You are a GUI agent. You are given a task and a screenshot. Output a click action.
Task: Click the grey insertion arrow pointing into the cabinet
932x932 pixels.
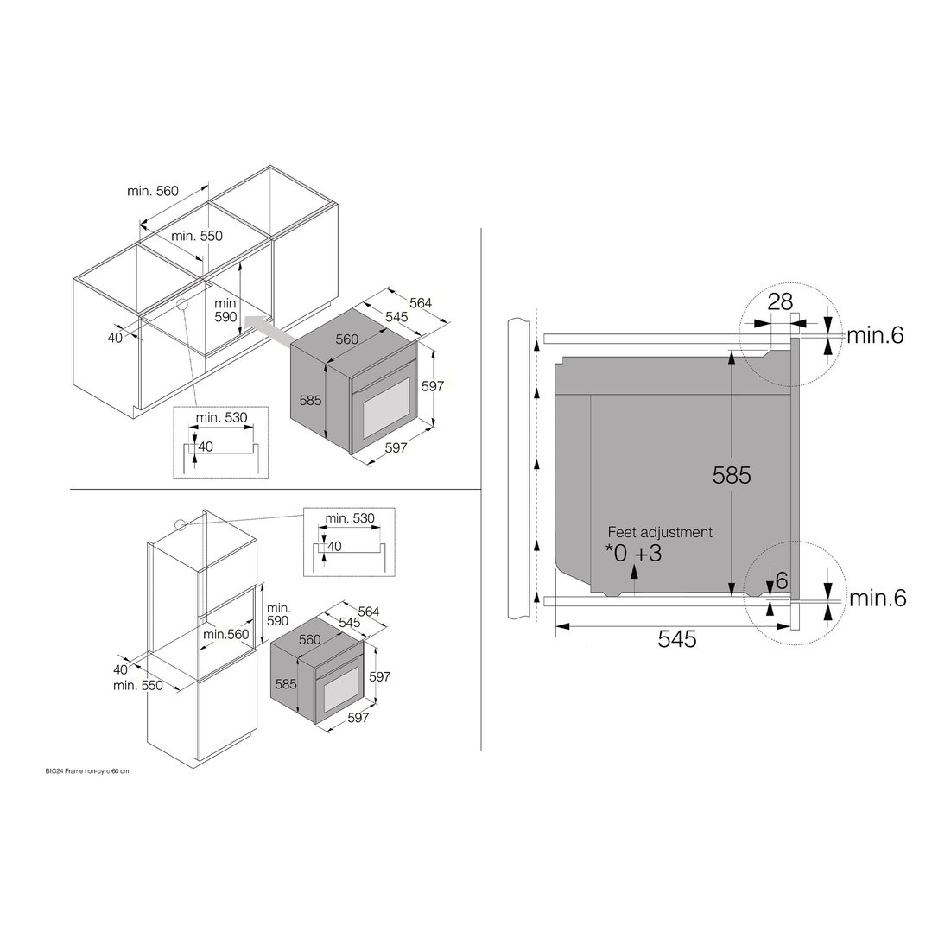tap(269, 330)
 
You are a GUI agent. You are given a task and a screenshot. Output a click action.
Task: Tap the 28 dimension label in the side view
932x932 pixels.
tap(780, 302)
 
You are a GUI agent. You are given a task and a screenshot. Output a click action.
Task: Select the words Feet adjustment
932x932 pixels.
tap(660, 532)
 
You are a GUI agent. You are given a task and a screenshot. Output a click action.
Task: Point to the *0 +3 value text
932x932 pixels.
tap(634, 554)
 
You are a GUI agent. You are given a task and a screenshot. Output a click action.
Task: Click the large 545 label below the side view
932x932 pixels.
tap(677, 639)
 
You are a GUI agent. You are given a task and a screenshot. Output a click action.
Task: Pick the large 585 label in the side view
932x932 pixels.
tap(732, 475)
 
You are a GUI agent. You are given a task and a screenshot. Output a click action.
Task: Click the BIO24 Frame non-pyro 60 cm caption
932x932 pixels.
tap(86, 771)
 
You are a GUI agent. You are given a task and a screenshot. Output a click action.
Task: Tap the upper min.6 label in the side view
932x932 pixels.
tap(875, 336)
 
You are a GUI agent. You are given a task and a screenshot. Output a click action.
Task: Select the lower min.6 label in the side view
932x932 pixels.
tap(878, 598)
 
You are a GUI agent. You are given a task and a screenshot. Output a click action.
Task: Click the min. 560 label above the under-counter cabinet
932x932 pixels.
tap(153, 191)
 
